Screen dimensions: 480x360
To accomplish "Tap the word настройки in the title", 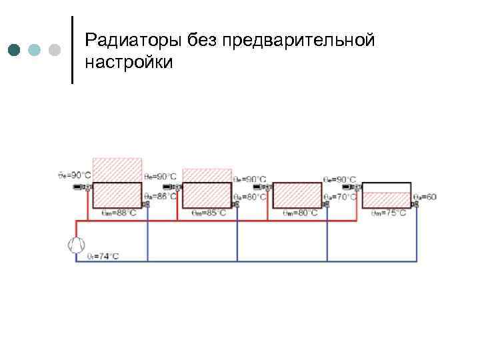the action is point(129,63).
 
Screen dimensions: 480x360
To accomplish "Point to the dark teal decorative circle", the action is point(15,50).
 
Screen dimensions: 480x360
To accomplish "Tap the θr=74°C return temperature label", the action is point(104,257).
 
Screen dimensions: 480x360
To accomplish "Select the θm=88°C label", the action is point(117,213).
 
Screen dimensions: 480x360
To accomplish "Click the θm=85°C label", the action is point(208,213).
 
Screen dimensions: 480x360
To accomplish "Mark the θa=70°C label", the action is point(340,197).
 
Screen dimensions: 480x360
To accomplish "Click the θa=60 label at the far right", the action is point(425,197).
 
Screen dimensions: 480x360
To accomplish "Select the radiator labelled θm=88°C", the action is point(117,195).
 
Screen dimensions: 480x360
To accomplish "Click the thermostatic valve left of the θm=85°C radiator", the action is point(175,187).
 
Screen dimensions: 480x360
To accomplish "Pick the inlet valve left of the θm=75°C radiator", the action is point(357,187).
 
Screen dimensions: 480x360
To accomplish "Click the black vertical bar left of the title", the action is point(72,49).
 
